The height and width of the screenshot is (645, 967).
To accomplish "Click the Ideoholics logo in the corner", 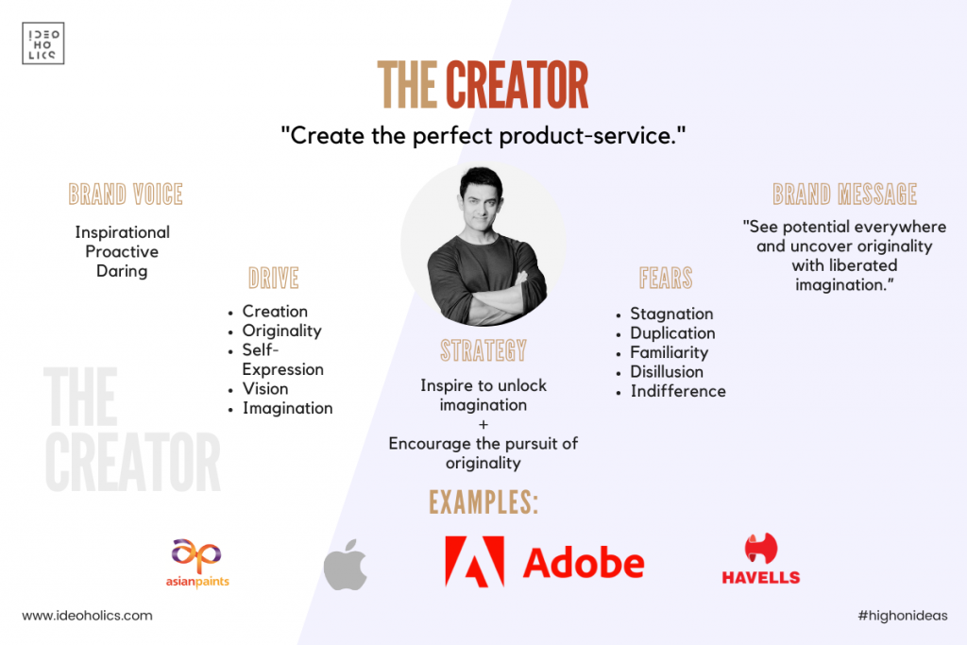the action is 43,43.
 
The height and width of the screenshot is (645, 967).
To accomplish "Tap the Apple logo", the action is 346,564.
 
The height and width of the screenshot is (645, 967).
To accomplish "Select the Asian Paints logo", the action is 197,563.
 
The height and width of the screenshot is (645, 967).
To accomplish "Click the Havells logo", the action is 761,559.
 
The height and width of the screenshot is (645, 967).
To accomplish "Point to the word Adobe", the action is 584,563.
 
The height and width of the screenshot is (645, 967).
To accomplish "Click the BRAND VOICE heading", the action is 126,195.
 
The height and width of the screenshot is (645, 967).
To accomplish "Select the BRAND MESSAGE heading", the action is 845,195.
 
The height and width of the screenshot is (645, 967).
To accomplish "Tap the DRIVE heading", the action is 274,278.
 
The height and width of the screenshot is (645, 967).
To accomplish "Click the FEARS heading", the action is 666,278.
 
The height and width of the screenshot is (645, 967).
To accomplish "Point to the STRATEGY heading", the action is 483,350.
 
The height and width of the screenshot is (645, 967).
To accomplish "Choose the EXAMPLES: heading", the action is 483,502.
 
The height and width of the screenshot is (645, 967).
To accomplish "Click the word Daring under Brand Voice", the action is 122,271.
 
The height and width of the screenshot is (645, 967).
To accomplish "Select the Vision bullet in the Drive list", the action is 265,389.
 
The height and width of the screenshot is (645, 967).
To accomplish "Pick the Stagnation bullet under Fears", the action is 671,314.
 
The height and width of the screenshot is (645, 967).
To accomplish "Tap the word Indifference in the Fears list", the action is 678,392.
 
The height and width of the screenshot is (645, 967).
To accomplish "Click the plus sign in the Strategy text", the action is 483,424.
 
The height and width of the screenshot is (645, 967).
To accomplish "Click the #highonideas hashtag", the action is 903,616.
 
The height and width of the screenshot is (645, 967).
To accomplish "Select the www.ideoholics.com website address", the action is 87,616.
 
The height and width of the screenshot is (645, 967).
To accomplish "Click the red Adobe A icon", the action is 474,561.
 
